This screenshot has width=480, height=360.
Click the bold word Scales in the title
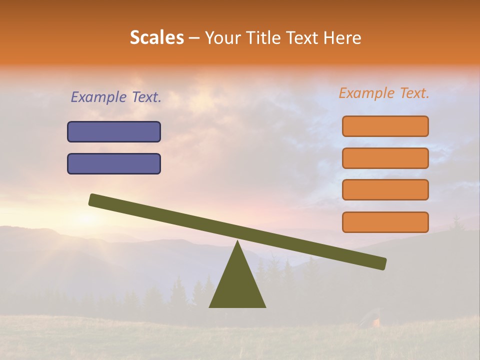click(157, 38)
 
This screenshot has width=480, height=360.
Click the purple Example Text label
click(116, 97)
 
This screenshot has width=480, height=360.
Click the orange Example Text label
click(384, 93)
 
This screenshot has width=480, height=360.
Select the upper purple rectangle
click(114, 132)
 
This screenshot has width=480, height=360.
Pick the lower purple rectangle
click(114, 164)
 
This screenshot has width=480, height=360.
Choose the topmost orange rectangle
click(385, 126)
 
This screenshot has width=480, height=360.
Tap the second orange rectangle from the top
click(385, 158)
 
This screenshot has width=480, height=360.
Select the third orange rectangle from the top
click(385, 190)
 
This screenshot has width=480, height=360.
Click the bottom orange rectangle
click(385, 222)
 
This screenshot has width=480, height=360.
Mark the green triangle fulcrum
click(237, 285)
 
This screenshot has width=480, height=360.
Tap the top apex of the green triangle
click(237, 242)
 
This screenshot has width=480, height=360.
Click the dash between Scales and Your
click(194, 38)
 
